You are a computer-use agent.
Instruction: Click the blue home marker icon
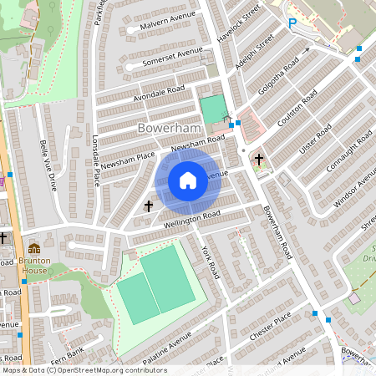click(x=188, y=180)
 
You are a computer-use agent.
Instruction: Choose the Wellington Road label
click(x=192, y=218)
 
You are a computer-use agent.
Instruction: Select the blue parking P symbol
click(x=292, y=25)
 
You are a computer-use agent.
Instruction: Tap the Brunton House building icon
click(x=34, y=249)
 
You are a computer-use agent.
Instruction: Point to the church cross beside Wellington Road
click(x=150, y=205)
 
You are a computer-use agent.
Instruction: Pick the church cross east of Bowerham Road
click(x=259, y=159)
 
